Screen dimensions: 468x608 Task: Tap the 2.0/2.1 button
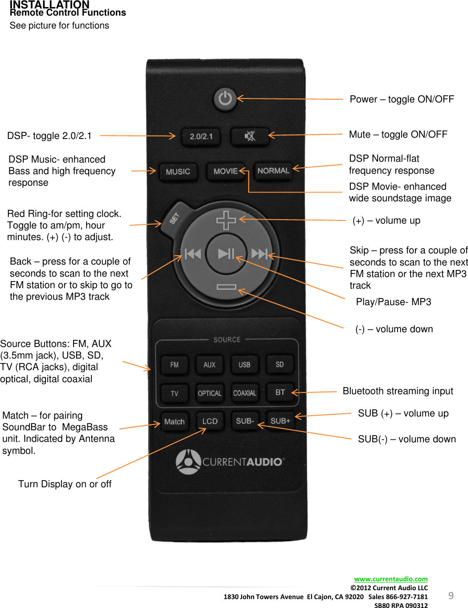(201, 136)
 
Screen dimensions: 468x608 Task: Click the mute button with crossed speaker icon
(250, 136)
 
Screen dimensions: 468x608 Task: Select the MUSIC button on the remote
(178, 171)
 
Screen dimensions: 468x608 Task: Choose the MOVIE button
(226, 171)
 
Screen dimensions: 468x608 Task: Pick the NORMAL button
(273, 171)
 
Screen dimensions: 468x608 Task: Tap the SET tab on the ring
(175, 218)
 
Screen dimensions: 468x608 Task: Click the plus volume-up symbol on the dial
(226, 220)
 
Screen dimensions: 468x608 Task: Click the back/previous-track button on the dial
(193, 254)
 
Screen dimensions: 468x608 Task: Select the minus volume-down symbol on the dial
(226, 287)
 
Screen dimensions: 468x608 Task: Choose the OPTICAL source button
(209, 393)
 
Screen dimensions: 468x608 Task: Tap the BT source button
(280, 392)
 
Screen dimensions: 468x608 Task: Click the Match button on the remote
(174, 422)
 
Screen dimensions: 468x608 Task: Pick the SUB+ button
(280, 421)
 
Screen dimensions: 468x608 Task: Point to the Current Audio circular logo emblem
(188, 461)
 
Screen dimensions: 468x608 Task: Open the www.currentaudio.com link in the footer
(391, 579)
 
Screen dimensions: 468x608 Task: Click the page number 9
(451, 596)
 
